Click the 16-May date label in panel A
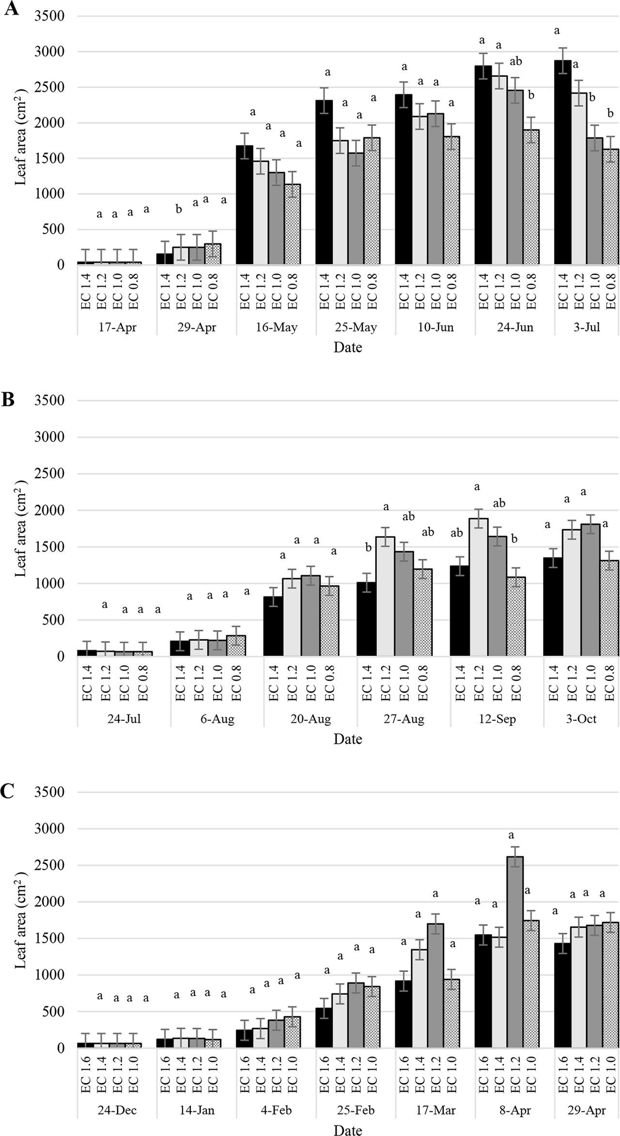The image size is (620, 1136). [x=277, y=327]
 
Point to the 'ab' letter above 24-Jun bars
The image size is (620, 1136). [x=516, y=62]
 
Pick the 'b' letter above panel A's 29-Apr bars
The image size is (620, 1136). [x=179, y=209]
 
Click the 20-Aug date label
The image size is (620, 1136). [x=310, y=719]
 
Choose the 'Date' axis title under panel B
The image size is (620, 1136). [x=347, y=739]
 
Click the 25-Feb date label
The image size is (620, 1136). [x=356, y=1110]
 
